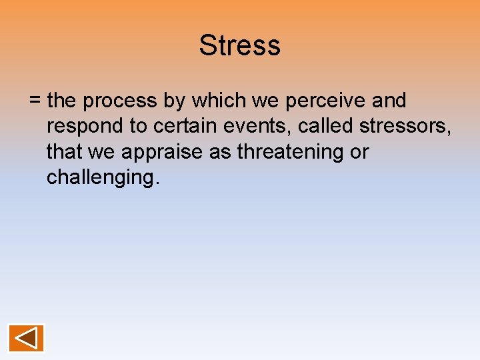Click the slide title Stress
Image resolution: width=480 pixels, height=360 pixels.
pyautogui.click(x=239, y=46)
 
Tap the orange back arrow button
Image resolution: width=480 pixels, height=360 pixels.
pyautogui.click(x=26, y=338)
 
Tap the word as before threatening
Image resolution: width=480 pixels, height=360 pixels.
pyautogui.click(x=214, y=153)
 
